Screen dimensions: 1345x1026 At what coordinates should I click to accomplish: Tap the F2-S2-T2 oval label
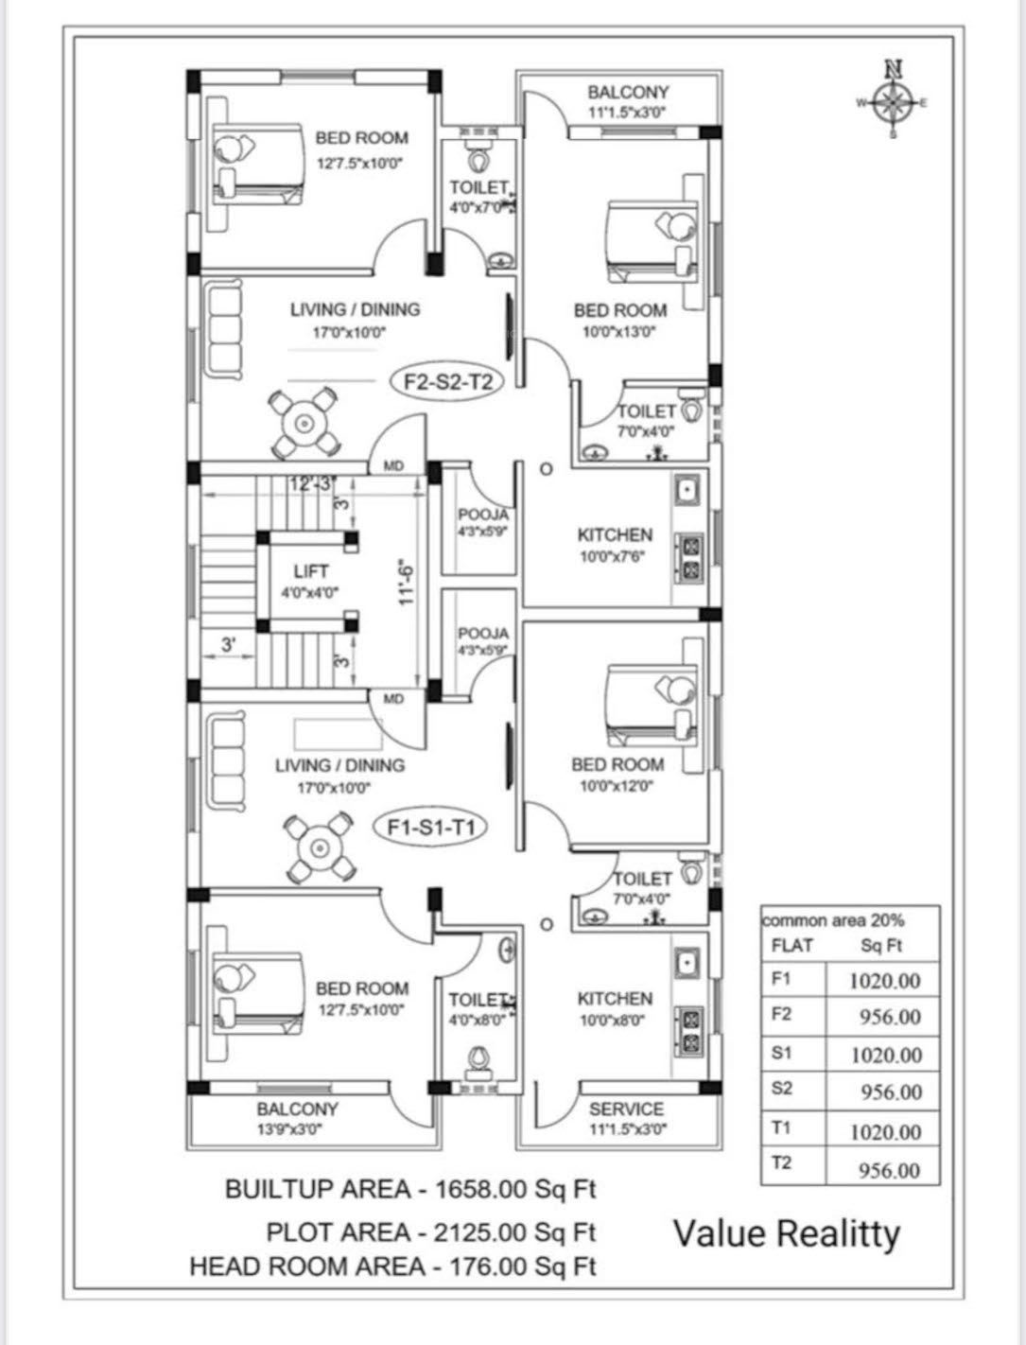click(445, 381)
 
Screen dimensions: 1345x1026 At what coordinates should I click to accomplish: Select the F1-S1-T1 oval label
click(436, 828)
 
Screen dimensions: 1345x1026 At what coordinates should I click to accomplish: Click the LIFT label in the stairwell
click(311, 571)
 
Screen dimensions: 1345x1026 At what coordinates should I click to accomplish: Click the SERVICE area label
click(626, 1109)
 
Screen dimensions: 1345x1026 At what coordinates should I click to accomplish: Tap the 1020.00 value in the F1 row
click(884, 981)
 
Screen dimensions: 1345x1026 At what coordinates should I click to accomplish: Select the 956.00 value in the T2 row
click(888, 1170)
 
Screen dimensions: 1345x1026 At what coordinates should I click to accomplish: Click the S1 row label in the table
click(782, 1052)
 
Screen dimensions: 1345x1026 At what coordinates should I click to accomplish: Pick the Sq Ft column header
click(881, 945)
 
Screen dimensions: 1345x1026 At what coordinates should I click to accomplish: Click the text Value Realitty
click(787, 1233)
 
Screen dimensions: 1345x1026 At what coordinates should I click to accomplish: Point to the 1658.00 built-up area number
click(478, 1189)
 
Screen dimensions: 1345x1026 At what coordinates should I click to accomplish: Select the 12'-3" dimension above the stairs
click(313, 484)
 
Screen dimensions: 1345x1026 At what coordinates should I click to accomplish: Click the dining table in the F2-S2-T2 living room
click(304, 423)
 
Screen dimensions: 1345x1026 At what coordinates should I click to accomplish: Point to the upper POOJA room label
click(483, 515)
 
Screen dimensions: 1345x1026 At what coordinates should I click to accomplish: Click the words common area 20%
click(833, 919)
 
